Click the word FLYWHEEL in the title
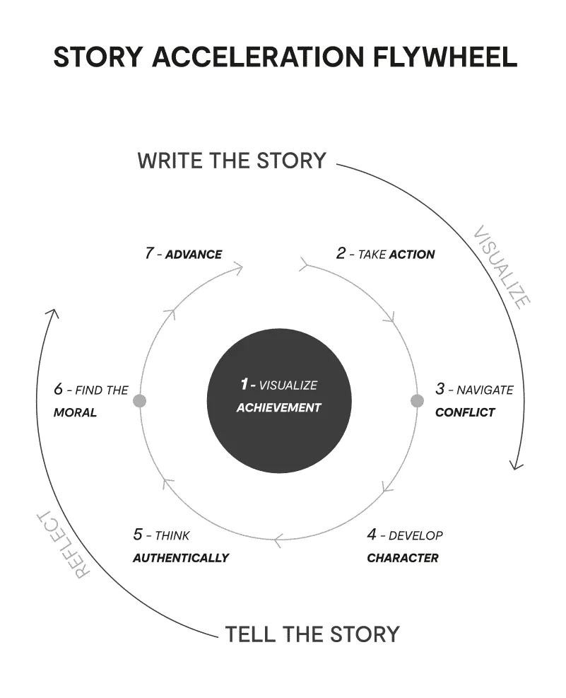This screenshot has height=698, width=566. click(x=444, y=57)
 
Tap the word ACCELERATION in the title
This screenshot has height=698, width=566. click(x=258, y=57)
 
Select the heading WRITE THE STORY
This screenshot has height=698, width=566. click(x=232, y=161)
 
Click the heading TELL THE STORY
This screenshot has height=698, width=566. click(x=312, y=634)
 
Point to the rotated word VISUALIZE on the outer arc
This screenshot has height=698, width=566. click(x=501, y=267)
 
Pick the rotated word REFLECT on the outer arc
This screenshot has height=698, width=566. click(x=62, y=544)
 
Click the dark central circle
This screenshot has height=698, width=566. click(x=279, y=401)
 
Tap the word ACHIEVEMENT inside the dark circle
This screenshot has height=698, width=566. click(x=279, y=408)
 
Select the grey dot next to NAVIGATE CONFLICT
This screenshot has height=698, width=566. click(x=417, y=401)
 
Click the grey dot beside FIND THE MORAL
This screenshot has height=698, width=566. click(x=140, y=401)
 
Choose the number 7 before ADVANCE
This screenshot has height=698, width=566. click(x=149, y=253)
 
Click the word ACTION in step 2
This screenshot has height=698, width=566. click(x=412, y=254)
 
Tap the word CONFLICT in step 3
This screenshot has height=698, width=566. click(x=465, y=412)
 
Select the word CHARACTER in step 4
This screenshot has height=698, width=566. click(x=403, y=558)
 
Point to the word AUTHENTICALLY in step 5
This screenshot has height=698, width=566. click(x=181, y=558)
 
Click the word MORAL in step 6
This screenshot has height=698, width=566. click(x=75, y=412)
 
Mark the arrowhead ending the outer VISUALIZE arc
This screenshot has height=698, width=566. click(x=516, y=465)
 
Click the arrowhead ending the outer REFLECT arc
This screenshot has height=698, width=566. click(x=53, y=313)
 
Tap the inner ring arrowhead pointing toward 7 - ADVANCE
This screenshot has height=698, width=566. click(x=238, y=269)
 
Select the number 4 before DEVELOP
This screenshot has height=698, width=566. click(x=372, y=534)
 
